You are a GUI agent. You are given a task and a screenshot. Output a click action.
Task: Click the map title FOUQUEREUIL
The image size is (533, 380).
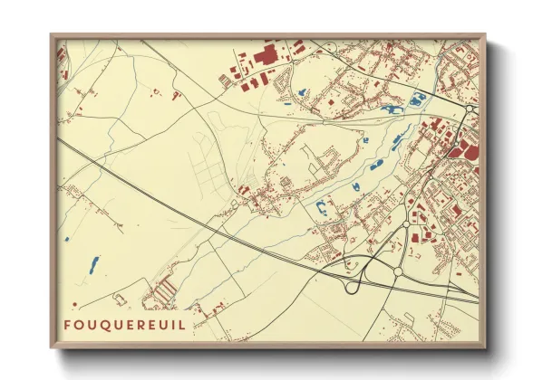(x=127, y=324)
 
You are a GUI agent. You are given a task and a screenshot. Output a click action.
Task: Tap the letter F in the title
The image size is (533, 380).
(x=68, y=324)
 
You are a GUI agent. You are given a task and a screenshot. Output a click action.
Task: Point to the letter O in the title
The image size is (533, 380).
(x=80, y=324)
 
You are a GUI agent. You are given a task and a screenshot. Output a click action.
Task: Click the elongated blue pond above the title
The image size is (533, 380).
(x=93, y=264)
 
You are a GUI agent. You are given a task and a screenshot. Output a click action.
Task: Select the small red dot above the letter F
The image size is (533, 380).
(x=74, y=303)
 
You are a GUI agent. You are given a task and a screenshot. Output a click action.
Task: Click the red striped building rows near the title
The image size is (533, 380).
(x=163, y=291)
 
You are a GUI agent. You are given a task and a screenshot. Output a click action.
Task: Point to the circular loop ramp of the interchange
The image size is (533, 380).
(x=352, y=285)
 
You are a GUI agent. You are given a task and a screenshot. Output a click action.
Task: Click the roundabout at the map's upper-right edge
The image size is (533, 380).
(x=470, y=109)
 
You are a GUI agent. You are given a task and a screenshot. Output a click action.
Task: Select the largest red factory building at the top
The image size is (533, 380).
(x=266, y=57)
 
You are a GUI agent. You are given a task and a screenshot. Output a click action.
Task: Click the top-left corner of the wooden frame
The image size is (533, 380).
(x=52, y=35)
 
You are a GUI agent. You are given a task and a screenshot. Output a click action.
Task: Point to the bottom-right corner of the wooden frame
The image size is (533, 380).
(x=485, y=348)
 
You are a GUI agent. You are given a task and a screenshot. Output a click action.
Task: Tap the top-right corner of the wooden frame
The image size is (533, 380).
(x=485, y=35)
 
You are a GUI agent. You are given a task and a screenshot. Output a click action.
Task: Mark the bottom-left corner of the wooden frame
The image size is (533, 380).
(x=52, y=348)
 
